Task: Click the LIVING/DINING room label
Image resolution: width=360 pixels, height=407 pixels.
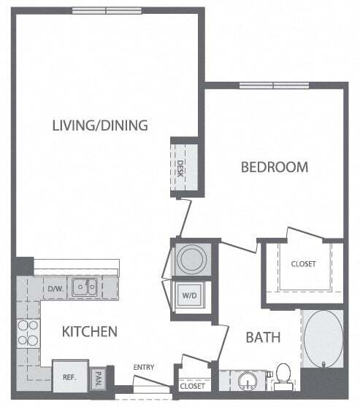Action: (x=100, y=125)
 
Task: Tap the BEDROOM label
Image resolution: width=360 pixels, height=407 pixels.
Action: (x=275, y=167)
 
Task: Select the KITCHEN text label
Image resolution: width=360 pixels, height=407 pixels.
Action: (x=90, y=332)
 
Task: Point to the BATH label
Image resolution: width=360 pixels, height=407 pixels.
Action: (x=262, y=338)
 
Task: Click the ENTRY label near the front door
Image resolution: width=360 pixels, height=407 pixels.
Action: (x=143, y=367)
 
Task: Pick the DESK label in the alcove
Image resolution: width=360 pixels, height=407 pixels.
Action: (x=180, y=169)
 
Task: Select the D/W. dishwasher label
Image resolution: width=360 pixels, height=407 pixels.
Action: (x=56, y=289)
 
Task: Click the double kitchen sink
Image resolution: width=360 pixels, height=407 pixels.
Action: (x=85, y=287)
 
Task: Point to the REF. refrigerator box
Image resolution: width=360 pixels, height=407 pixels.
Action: (x=70, y=379)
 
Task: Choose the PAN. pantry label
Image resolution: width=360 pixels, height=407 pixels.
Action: (x=98, y=379)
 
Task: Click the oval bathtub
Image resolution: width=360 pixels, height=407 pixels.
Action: (x=322, y=338)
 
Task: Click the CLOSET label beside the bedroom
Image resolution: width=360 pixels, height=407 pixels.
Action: (x=303, y=263)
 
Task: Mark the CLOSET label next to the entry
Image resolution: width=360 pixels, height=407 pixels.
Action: (x=192, y=386)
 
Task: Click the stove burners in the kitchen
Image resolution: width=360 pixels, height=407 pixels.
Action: (x=28, y=333)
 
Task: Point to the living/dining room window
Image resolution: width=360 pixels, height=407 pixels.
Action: (x=107, y=10)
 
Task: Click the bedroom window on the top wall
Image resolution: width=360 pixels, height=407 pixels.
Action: (x=274, y=85)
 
